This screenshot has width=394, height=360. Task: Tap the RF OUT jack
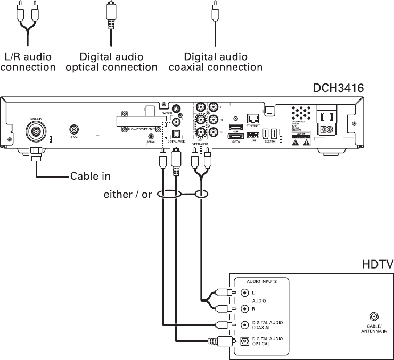tap(75, 129)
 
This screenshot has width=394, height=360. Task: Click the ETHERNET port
tap(253, 118)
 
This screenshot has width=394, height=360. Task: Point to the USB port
tap(254, 135)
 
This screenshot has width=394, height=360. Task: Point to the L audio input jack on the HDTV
tap(244, 292)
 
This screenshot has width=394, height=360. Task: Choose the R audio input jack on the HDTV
tap(244, 308)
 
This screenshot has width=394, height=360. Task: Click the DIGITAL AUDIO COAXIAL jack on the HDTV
tap(244, 325)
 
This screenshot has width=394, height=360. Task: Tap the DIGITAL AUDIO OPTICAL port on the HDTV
tap(244, 341)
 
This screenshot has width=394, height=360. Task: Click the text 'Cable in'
tap(91, 176)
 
